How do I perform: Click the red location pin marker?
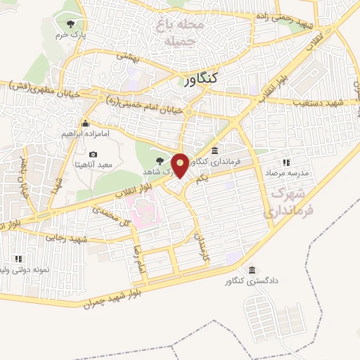click(180, 165)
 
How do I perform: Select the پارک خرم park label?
click(72, 34)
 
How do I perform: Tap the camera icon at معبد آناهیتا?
click(94, 154)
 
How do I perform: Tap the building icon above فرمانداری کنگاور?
click(214, 150)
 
